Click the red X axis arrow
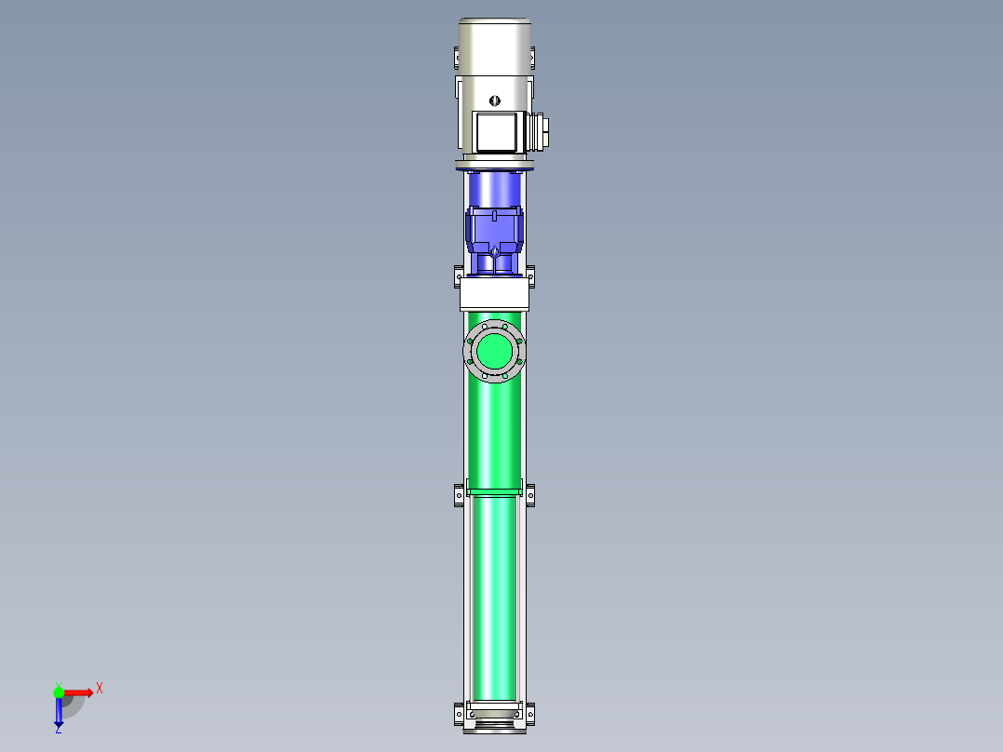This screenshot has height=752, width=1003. [x=78, y=692]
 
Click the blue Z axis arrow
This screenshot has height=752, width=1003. [x=59, y=713]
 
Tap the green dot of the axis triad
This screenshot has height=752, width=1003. [x=59, y=692]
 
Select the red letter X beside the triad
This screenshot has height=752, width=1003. [x=99, y=689]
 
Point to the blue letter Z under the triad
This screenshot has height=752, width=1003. [x=58, y=730]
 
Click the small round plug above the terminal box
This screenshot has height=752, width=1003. [x=494, y=99]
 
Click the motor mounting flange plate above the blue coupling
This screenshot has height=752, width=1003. [x=494, y=167]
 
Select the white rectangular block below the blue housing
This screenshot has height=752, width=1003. [x=494, y=297]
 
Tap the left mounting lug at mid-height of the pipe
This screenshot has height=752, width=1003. [x=459, y=494]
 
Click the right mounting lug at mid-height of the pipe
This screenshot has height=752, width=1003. [x=530, y=494]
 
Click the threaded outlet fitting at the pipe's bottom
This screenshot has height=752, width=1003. [x=494, y=723]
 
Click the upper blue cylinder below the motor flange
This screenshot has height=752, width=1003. [x=494, y=191]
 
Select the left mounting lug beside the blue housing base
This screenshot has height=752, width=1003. [x=459, y=275]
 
